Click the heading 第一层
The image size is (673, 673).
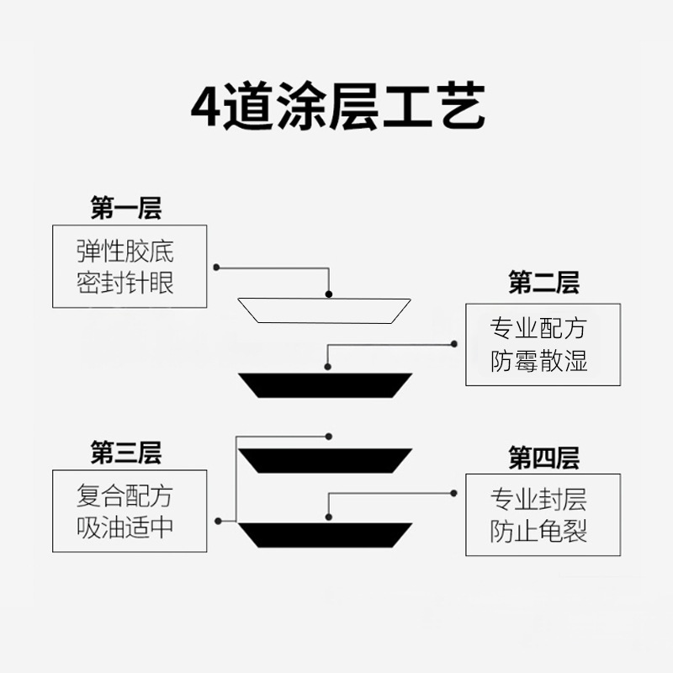pos(125,207)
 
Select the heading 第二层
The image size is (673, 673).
pos(543,283)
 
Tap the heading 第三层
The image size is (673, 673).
pos(125,453)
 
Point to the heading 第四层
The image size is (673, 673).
pos(543,458)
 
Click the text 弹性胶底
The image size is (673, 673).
pos(125,252)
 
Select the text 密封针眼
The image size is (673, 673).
pos(125,282)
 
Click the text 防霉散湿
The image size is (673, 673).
pos(538,361)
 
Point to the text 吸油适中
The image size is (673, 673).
pos(125,527)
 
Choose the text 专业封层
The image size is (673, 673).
pos(538,500)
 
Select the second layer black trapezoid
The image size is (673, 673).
pos(325,384)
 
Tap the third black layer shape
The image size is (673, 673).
pos(325,459)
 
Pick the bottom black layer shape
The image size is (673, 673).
pos(325,533)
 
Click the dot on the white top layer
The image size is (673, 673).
pos(329,294)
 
